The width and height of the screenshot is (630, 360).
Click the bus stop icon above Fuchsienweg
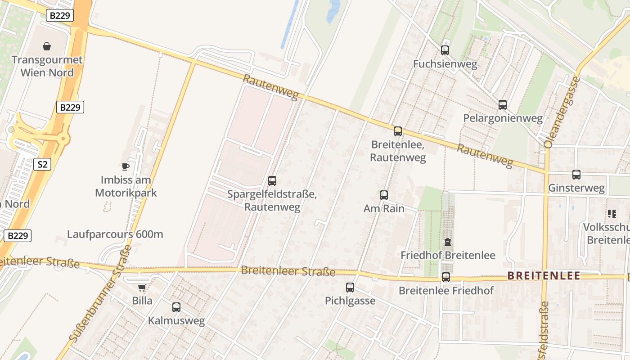[445, 50]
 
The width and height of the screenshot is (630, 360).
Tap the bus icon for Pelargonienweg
[503, 105]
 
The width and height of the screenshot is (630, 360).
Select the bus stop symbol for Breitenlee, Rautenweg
[398, 131]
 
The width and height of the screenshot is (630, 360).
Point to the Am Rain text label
[384, 209]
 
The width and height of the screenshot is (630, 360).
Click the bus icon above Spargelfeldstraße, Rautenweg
[272, 181]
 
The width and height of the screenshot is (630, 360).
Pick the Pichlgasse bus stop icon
[350, 287]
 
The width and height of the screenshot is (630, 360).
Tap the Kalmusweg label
[176, 321]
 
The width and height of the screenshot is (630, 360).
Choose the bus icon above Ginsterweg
[576, 175]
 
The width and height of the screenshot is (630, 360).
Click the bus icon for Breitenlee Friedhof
[446, 277]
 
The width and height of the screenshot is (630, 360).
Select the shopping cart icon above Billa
[142, 288]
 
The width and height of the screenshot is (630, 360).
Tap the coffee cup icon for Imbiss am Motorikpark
[126, 167]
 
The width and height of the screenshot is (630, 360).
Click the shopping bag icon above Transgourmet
[47, 46]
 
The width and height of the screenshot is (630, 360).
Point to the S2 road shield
[42, 164]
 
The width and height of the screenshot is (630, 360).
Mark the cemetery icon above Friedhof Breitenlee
[448, 242]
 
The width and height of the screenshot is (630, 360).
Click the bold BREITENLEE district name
[544, 276]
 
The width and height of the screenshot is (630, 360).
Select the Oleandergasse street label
[561, 112]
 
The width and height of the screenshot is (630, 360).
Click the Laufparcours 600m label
[115, 234]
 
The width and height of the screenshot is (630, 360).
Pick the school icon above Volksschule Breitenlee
[612, 214]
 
